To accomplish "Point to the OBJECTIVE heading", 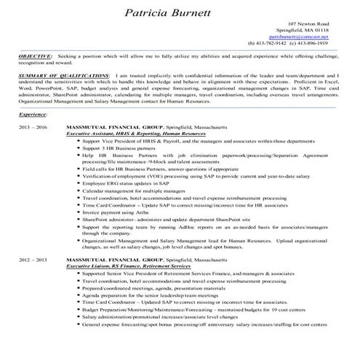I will (x=35, y=55).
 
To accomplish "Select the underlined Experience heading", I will (x=33, y=114).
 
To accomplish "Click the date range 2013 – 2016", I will (x=33, y=127).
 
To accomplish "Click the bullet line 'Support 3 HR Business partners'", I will (x=121, y=147).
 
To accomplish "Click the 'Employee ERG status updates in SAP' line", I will (x=125, y=183).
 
